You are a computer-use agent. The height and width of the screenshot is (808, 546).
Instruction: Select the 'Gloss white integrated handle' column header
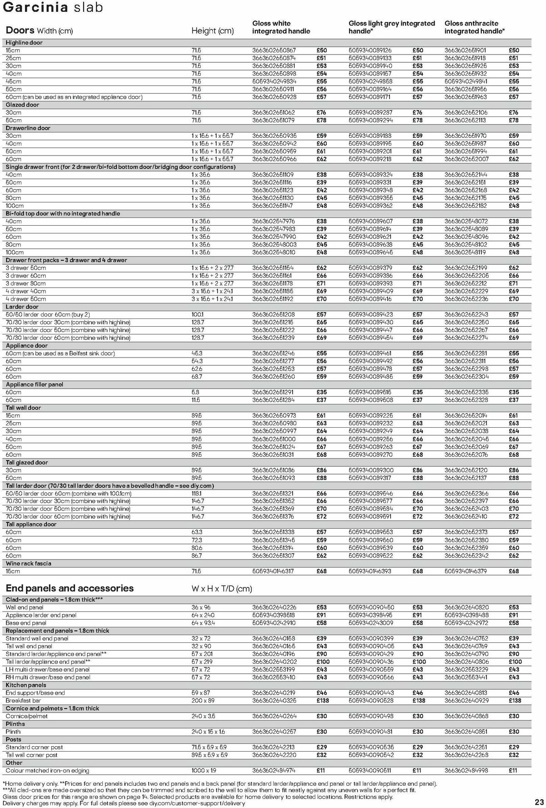(281, 27)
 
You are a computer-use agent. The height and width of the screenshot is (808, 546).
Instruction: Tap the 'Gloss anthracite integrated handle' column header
(474, 27)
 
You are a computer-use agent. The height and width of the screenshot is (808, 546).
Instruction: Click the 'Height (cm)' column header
(212, 31)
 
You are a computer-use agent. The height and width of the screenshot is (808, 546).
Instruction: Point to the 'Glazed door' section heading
(22, 105)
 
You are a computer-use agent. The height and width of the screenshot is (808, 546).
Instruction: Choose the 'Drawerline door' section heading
(28, 128)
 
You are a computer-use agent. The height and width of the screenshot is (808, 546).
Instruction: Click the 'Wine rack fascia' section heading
(28, 563)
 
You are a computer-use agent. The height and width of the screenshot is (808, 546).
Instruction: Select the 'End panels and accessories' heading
(70, 588)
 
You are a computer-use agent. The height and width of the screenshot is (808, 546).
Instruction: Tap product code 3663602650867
(274, 50)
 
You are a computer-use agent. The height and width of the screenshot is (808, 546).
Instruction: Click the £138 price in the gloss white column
(323, 701)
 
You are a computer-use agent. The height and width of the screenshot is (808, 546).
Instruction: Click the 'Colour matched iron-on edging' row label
(47, 771)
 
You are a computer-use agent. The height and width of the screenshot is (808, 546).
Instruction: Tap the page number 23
(539, 802)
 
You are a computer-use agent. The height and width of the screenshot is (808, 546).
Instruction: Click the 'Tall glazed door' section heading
(27, 462)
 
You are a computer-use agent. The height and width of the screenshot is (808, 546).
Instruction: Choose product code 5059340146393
(370, 571)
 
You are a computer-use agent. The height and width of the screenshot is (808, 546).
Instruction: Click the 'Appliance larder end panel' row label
(41, 615)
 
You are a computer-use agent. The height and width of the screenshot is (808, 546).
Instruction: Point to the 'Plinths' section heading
(15, 724)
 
